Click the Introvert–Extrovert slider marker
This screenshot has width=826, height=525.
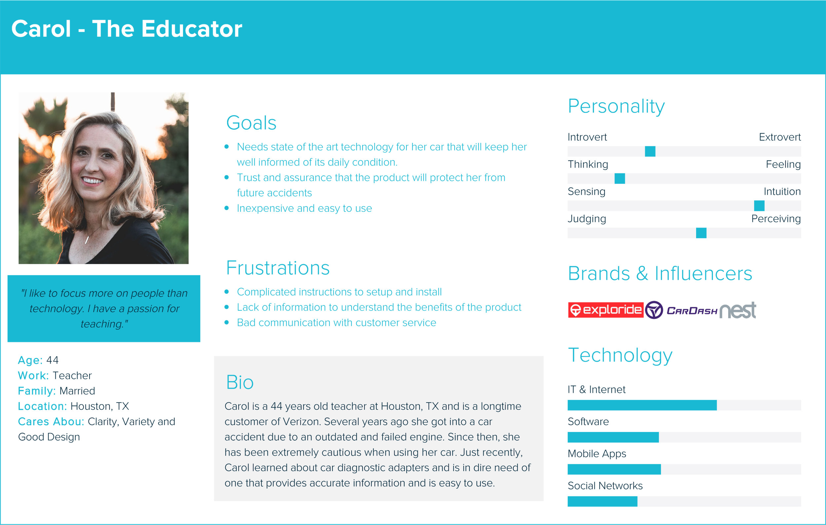(x=650, y=151)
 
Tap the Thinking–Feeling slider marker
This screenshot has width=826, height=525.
(x=619, y=178)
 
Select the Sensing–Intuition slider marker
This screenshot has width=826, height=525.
(x=759, y=206)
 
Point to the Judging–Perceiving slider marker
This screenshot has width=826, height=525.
(x=701, y=233)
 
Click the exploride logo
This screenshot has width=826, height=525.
(x=605, y=310)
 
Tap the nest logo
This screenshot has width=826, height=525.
(x=737, y=310)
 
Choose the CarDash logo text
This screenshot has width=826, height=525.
(x=692, y=311)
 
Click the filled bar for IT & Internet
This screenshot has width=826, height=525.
(x=642, y=405)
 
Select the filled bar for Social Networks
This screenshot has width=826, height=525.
(x=602, y=501)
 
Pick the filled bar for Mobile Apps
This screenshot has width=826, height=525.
(x=614, y=469)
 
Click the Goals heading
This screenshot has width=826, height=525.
(x=251, y=123)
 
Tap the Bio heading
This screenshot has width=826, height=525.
(x=240, y=382)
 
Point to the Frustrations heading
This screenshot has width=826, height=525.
(x=278, y=268)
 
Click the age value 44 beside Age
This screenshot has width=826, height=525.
(x=53, y=360)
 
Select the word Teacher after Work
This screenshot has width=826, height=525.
(x=72, y=375)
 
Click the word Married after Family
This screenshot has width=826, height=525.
(x=77, y=391)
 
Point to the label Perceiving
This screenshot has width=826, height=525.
(x=775, y=219)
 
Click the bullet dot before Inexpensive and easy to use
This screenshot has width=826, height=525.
(x=226, y=208)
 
